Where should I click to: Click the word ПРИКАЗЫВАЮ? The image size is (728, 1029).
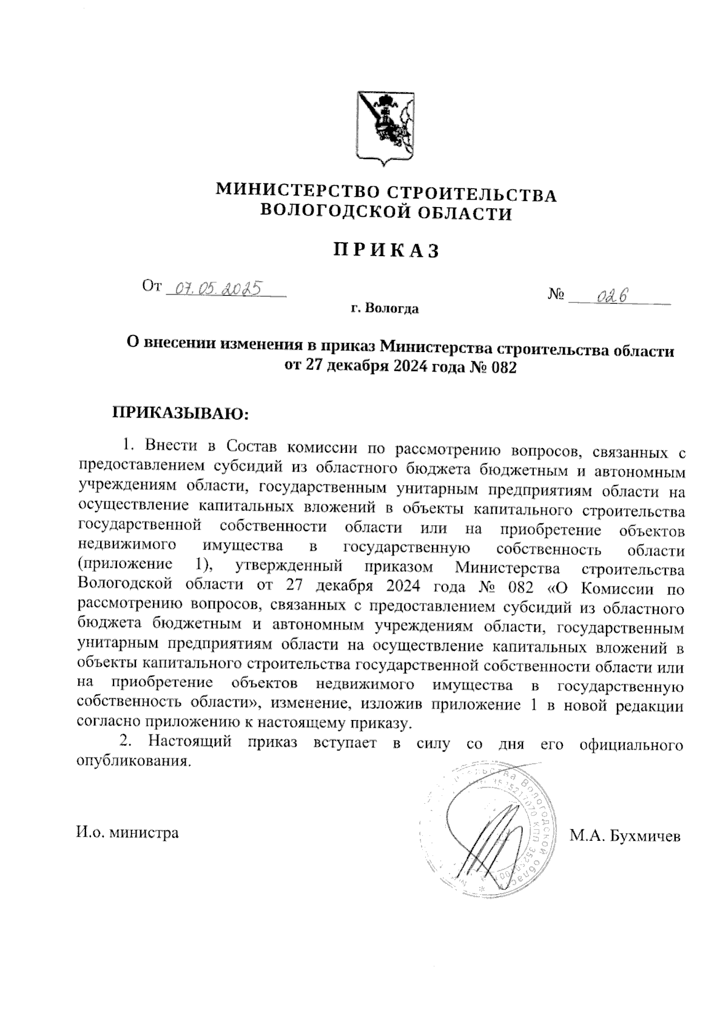click(x=180, y=413)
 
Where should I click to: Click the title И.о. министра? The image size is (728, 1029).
click(x=127, y=832)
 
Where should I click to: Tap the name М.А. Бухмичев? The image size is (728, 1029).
click(x=625, y=836)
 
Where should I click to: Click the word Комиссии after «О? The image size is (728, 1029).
click(x=618, y=588)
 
